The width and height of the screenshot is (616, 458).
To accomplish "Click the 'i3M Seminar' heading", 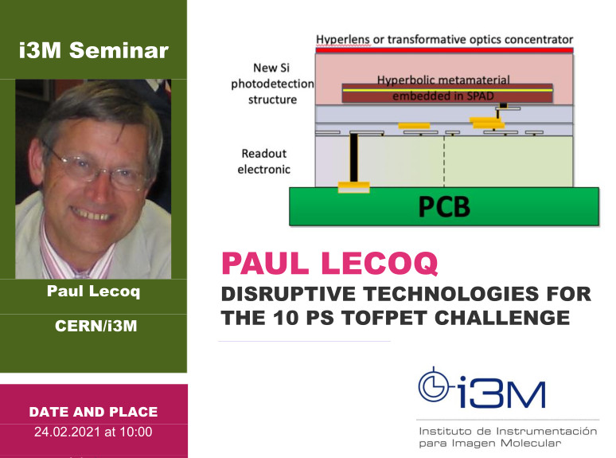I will (x=93, y=51).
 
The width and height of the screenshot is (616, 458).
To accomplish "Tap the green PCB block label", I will (x=443, y=206).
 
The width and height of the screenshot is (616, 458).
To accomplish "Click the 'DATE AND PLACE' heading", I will (x=93, y=412).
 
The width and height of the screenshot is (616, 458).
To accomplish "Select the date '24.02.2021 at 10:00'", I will (x=93, y=433).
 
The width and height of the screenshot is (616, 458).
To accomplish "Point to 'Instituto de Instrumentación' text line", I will (x=507, y=431).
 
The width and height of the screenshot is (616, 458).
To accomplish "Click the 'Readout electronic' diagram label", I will (x=265, y=161).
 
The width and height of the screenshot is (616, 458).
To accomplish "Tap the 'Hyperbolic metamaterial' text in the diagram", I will (x=443, y=80).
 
